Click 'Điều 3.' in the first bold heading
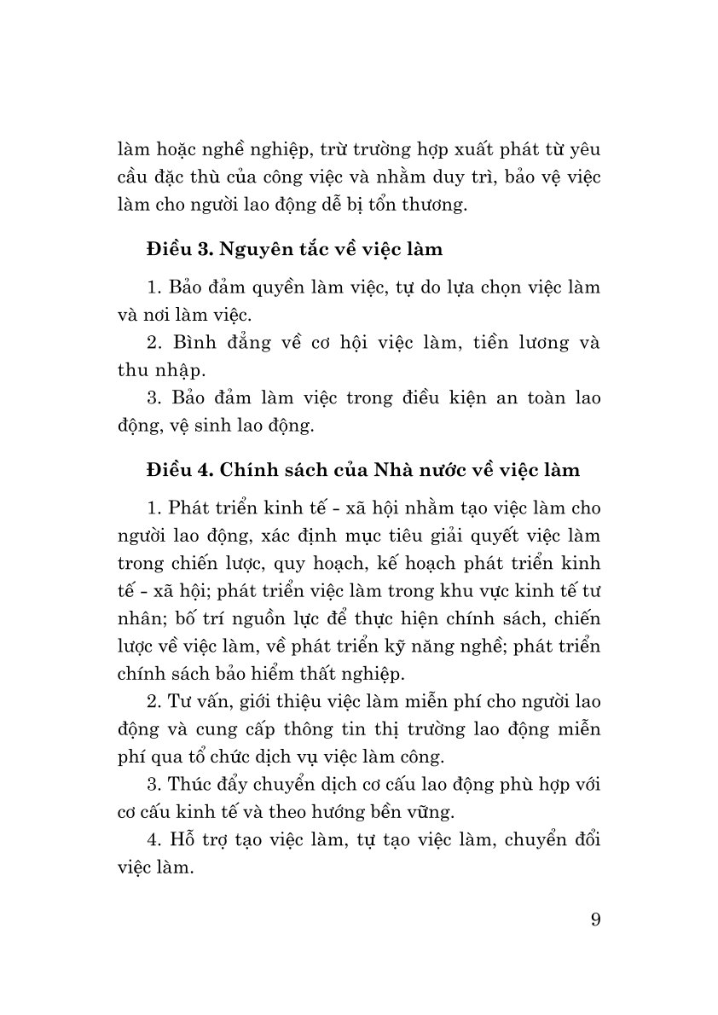[x=175, y=249]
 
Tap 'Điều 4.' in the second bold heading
[x=175, y=469]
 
